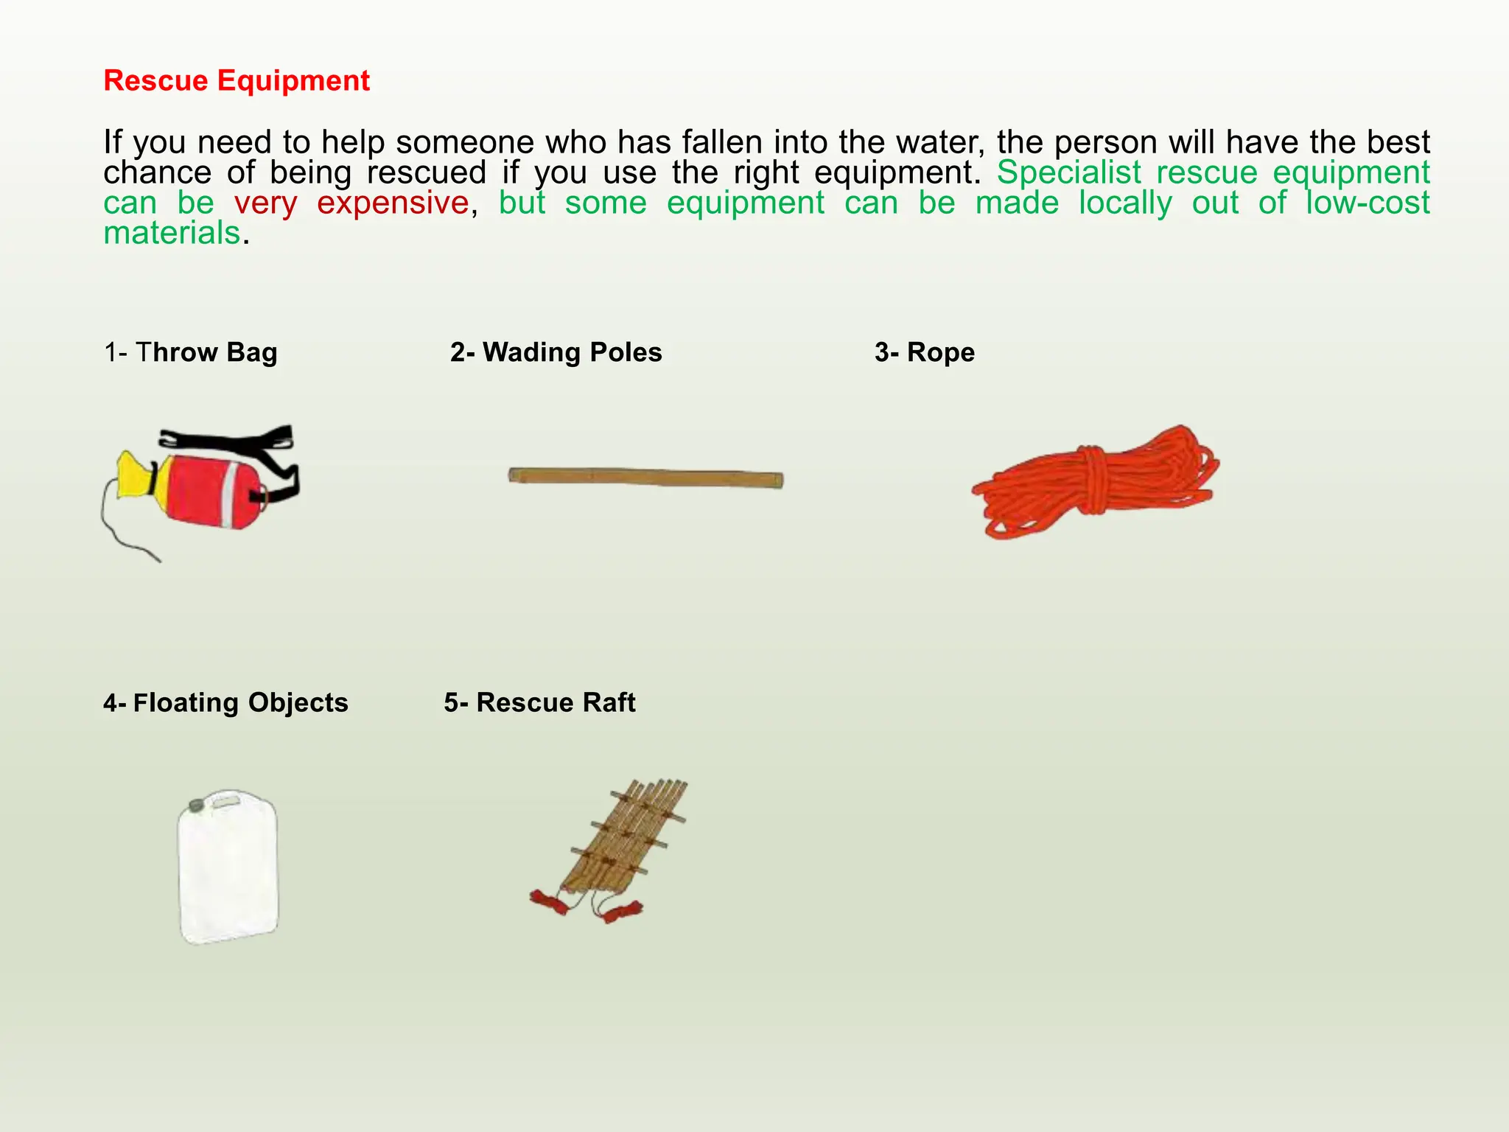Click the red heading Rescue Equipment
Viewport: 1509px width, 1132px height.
(x=237, y=80)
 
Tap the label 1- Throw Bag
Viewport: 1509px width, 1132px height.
(x=191, y=352)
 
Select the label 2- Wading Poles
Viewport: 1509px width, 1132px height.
(x=556, y=352)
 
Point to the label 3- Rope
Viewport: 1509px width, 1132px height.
(x=925, y=352)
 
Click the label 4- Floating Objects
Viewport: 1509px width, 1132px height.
(x=225, y=702)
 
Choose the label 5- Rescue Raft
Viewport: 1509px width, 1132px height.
(x=539, y=702)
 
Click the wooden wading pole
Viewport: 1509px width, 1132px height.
(x=645, y=478)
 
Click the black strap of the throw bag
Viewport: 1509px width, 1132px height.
(x=228, y=438)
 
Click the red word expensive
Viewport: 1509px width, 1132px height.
(x=393, y=203)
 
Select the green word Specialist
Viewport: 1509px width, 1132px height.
(x=1069, y=172)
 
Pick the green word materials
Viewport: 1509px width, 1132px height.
(x=172, y=233)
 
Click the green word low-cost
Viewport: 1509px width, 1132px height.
(x=1368, y=203)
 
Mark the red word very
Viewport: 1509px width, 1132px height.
(x=266, y=203)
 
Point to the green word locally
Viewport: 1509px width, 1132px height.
(x=1125, y=203)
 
